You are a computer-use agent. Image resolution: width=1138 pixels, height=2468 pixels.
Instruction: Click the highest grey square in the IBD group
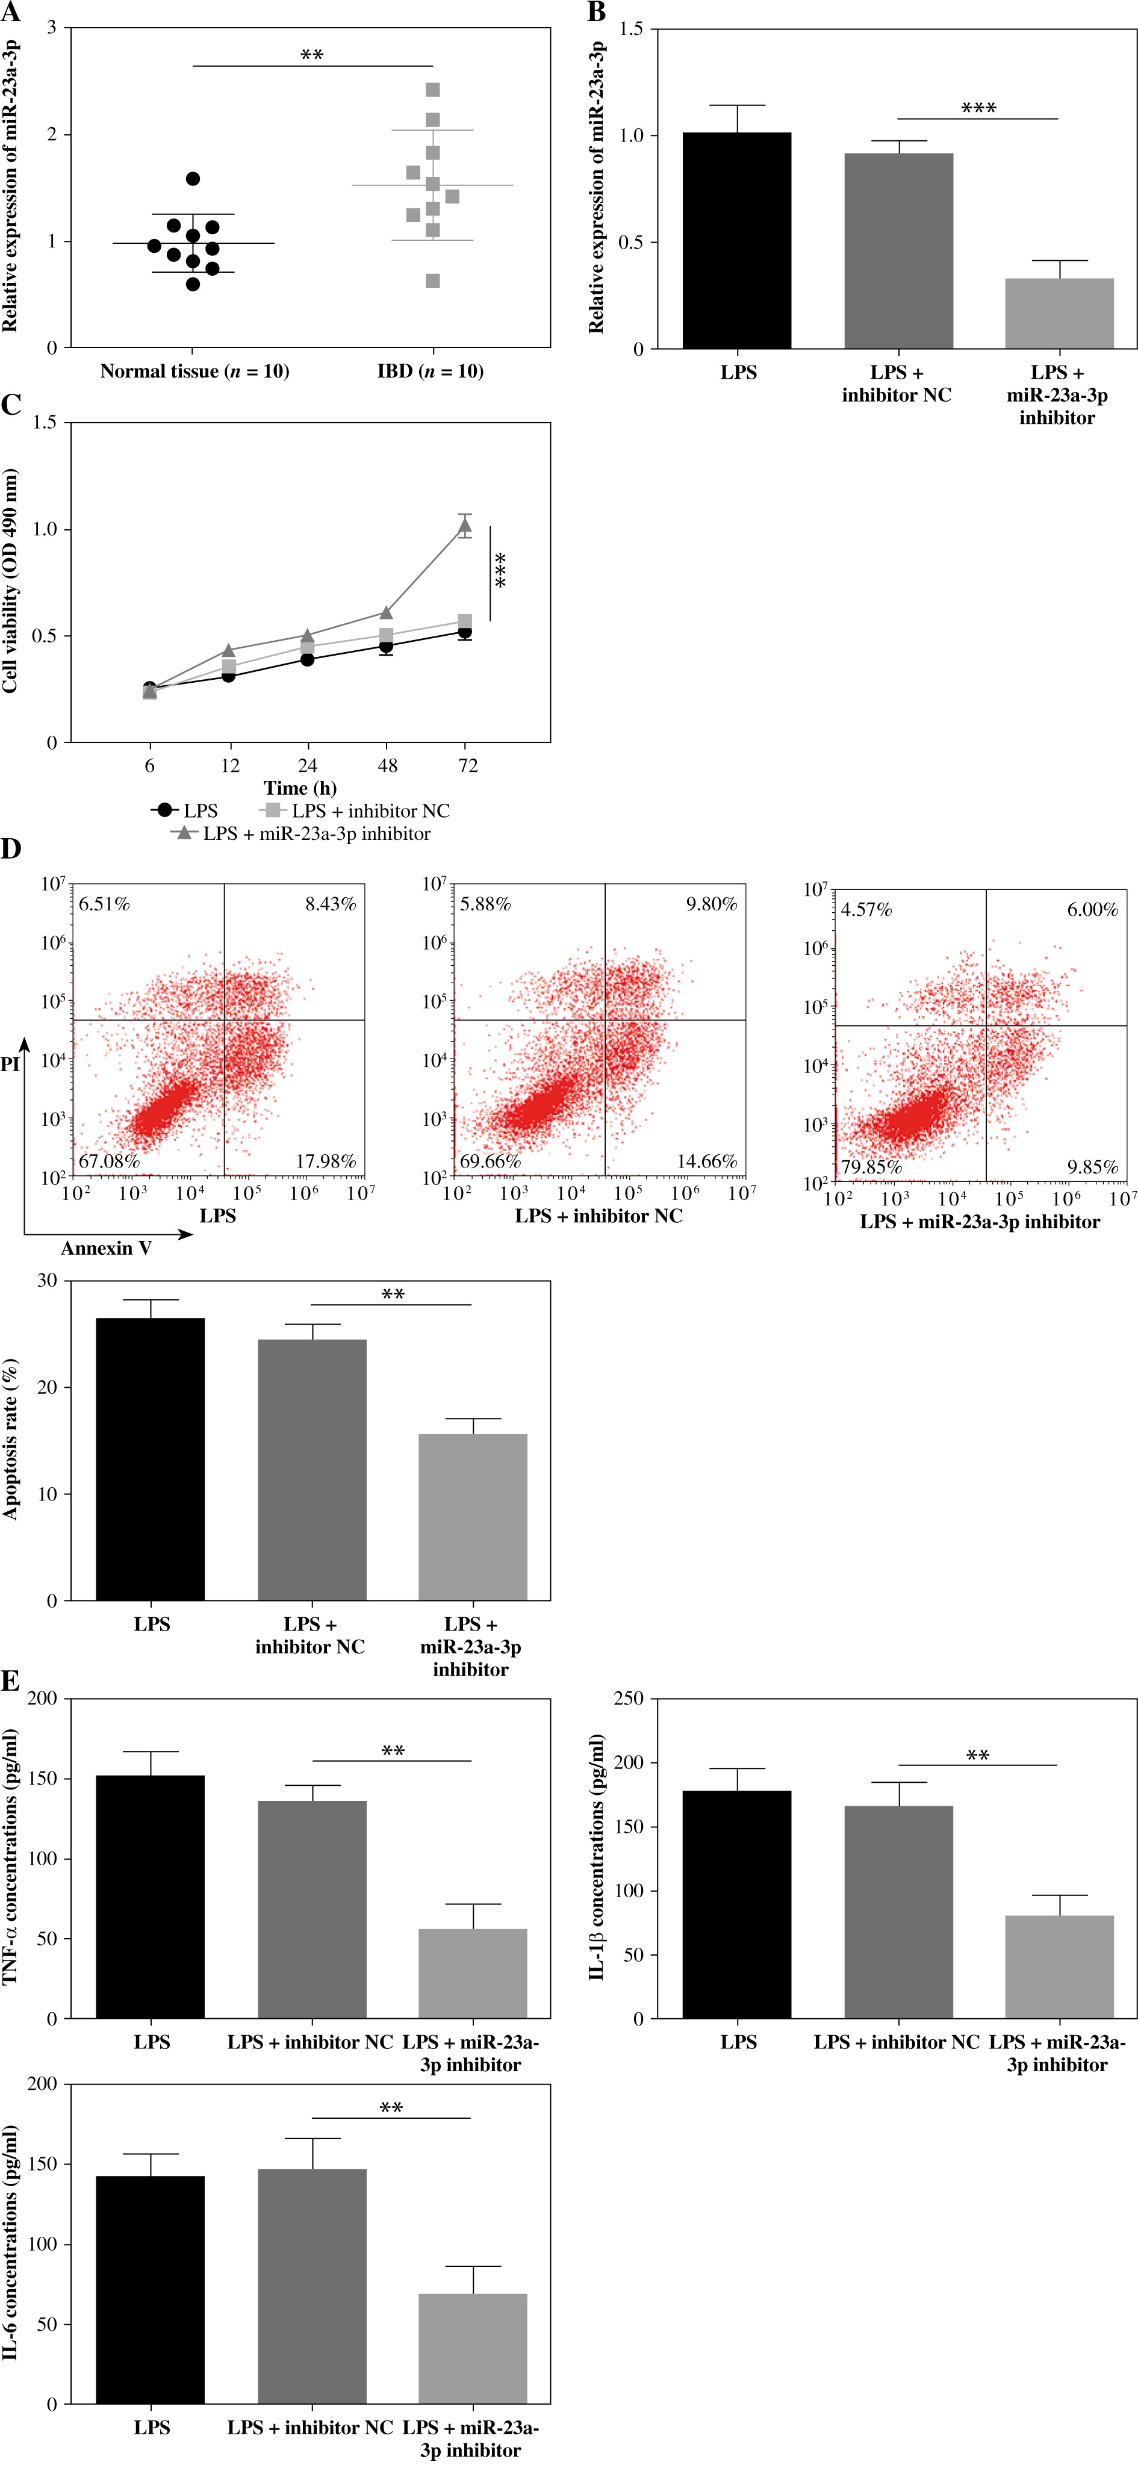(433, 90)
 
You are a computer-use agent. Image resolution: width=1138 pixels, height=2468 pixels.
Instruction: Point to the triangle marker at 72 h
(465, 525)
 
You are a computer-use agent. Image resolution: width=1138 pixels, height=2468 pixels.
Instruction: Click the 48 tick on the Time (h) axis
(387, 765)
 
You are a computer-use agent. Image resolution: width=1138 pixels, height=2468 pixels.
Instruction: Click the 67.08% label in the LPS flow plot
(109, 1161)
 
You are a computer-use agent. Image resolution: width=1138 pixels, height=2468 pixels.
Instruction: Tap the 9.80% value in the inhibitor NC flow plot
(710, 904)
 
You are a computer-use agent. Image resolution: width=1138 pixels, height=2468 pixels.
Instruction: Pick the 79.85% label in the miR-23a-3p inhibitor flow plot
(871, 1167)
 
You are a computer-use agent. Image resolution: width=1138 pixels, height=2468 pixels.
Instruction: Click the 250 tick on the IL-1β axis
(629, 1699)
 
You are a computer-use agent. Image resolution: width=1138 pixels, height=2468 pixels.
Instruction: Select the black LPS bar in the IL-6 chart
(151, 2290)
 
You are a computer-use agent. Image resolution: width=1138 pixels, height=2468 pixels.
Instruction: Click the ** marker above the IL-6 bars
(391, 2109)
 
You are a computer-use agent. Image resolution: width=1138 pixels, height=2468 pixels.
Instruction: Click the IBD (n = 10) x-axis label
(430, 371)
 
